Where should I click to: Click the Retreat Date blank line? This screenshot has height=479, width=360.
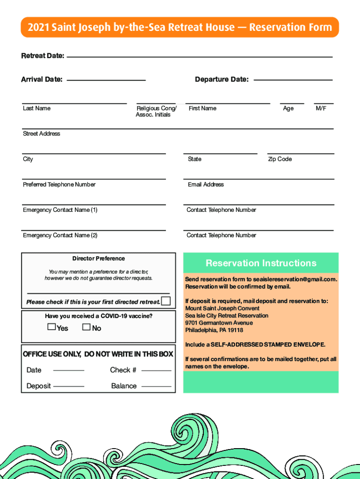[x=200, y=57]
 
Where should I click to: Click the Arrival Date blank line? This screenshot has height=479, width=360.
[x=106, y=80]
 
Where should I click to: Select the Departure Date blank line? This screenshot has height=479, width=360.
[x=293, y=80]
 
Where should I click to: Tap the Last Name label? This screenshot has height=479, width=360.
[x=36, y=109]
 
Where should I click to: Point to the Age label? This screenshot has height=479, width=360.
[x=288, y=109]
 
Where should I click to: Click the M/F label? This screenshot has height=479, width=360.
[x=321, y=109]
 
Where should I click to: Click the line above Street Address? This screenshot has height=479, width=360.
[x=178, y=129]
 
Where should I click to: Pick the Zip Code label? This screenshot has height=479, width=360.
[x=280, y=159]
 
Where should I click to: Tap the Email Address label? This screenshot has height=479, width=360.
[x=206, y=185]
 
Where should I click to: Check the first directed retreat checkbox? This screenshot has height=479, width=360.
[x=166, y=301]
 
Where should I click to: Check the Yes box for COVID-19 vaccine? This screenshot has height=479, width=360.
[x=52, y=327]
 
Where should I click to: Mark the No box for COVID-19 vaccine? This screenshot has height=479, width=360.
[x=86, y=327]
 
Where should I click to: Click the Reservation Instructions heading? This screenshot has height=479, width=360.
[x=261, y=263]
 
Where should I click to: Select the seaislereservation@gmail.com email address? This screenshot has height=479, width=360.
[x=288, y=279]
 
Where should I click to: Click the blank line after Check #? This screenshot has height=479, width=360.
[x=156, y=370]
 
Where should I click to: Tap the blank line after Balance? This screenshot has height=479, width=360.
[x=156, y=386]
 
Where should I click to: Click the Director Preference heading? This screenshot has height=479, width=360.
[x=99, y=258]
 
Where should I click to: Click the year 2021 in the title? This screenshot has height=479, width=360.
[x=37, y=28]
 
